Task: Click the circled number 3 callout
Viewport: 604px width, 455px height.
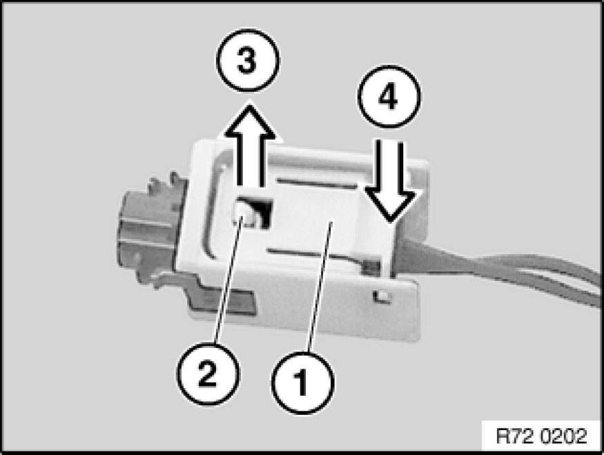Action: tap(248, 61)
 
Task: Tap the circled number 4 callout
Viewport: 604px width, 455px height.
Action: tap(389, 97)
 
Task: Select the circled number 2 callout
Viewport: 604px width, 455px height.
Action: tap(208, 374)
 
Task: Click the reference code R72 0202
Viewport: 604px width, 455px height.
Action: tap(541, 436)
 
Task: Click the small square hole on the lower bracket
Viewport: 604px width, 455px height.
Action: tap(382, 296)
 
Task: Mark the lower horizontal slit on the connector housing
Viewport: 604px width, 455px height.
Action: tap(312, 254)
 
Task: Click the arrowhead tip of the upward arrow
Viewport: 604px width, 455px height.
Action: tap(250, 102)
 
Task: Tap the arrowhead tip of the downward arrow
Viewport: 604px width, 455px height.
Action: tap(391, 222)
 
